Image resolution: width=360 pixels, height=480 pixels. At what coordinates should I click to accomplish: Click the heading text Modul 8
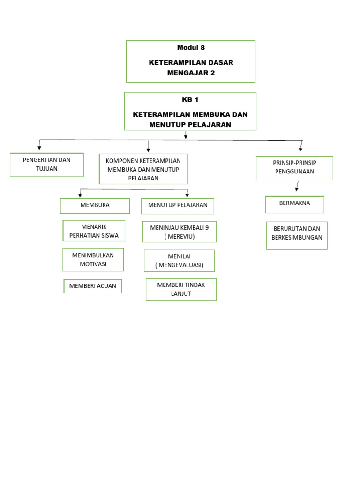(191, 47)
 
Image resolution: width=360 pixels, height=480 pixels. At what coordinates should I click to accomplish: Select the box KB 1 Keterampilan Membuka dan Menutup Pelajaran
(190, 111)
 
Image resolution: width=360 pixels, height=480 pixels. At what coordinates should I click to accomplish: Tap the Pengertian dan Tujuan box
(47, 165)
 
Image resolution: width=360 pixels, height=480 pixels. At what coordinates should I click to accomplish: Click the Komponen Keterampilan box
(143, 169)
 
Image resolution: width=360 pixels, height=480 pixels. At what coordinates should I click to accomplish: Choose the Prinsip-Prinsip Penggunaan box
(294, 168)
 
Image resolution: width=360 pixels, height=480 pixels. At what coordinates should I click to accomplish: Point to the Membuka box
(95, 206)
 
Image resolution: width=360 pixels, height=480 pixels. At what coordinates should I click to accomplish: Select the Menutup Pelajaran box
(178, 206)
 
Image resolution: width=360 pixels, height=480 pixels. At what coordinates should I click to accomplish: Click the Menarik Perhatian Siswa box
(94, 231)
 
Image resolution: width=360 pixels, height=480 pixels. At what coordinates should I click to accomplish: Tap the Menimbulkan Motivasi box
(93, 260)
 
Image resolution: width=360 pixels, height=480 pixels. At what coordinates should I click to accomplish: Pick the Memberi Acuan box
(93, 286)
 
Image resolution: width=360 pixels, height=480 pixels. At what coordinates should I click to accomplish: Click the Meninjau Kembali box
(180, 232)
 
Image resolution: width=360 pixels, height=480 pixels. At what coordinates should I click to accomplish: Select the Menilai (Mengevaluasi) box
(179, 261)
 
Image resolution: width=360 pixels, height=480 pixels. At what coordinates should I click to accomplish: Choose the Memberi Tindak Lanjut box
(181, 289)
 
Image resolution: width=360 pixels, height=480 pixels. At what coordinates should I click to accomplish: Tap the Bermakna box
(294, 204)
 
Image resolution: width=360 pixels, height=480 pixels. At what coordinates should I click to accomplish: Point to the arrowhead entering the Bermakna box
(296, 189)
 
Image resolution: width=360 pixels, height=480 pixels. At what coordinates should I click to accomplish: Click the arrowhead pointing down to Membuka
(80, 195)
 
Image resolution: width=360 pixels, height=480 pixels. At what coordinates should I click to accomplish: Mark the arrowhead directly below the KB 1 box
(186, 137)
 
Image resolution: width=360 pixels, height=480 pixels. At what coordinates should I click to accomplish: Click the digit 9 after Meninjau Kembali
(207, 227)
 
